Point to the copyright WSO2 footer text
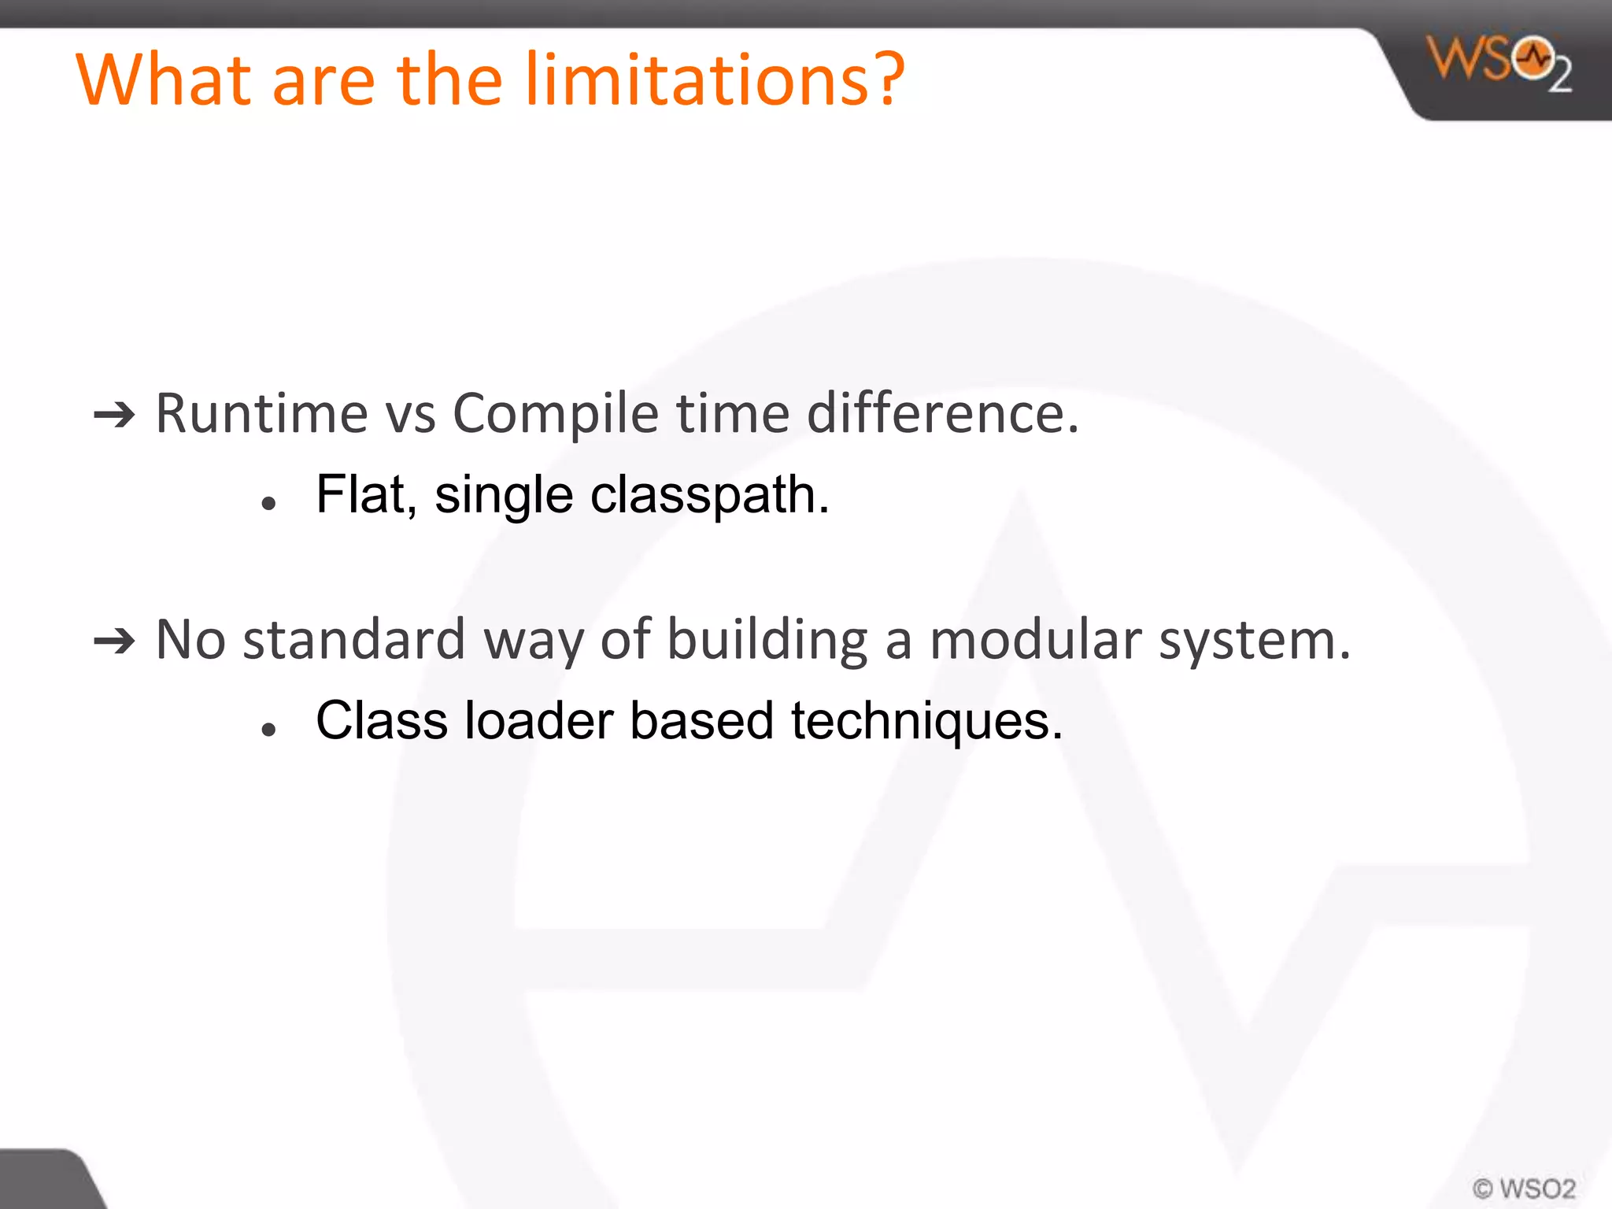(1524, 1188)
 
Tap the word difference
(941, 413)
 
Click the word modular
(1035, 639)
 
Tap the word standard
(353, 639)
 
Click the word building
(767, 641)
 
